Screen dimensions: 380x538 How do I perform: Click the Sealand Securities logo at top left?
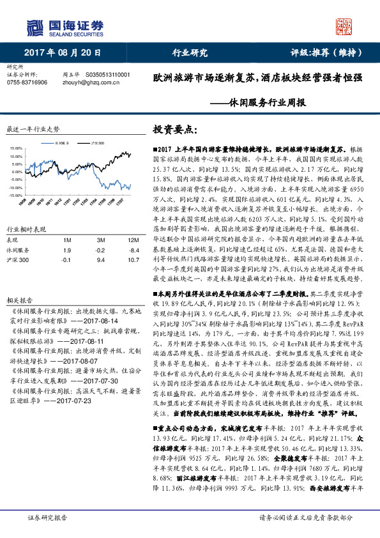click(63, 27)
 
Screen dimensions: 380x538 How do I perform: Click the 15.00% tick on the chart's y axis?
click(16, 148)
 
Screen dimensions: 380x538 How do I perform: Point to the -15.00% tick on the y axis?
click(15, 195)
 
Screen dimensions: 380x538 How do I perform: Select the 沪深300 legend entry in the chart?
click(98, 142)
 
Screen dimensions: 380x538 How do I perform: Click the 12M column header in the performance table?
click(133, 239)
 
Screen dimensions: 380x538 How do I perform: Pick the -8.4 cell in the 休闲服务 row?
click(133, 250)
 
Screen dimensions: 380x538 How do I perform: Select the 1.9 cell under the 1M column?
click(66, 250)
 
